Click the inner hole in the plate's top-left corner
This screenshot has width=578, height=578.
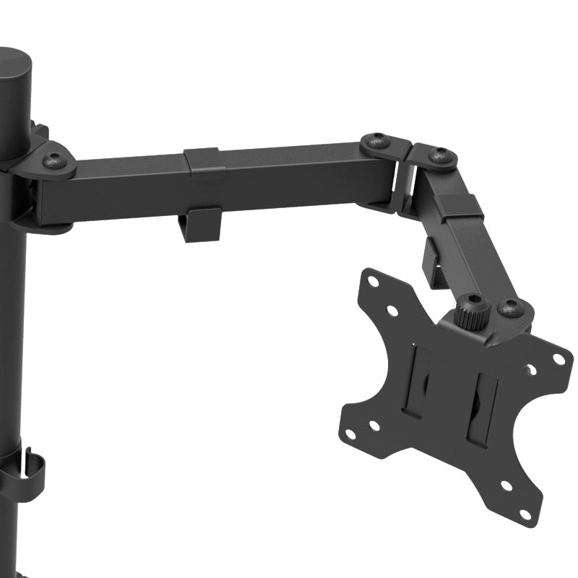392,311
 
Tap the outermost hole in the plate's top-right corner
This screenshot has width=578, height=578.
558,358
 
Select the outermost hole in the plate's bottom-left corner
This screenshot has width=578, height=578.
350,434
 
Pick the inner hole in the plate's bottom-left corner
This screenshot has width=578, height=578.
374,426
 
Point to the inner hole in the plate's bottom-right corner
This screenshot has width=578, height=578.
506,486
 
